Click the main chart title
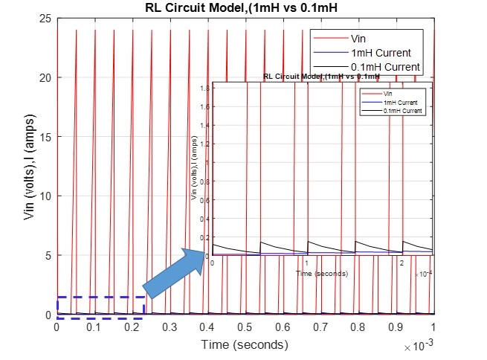[x=245, y=8]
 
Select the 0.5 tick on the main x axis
[x=245, y=327]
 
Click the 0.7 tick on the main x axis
[x=320, y=327]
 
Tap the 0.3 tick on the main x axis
[x=170, y=327]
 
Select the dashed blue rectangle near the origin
[x=100, y=307]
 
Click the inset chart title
[x=321, y=76]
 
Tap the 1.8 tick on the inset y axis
[x=205, y=89]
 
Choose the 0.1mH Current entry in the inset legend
[x=402, y=110]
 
